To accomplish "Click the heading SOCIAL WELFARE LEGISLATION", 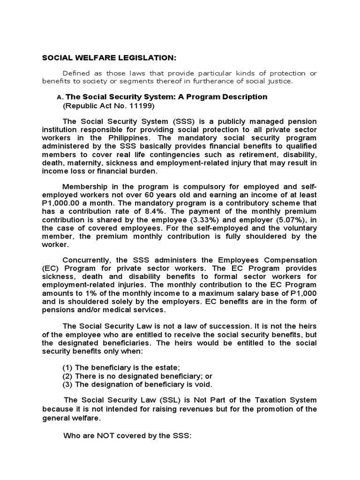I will (x=109, y=58).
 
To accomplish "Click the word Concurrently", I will (x=87, y=260).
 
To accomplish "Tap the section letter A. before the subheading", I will (x=59, y=97).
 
